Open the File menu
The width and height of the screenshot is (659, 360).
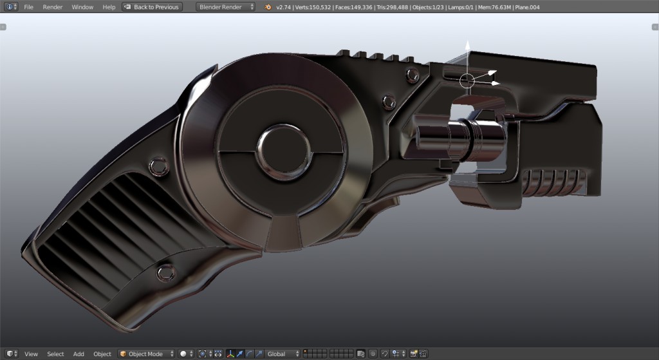click(29, 7)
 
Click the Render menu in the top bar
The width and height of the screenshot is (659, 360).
click(53, 7)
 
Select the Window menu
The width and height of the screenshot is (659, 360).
click(82, 7)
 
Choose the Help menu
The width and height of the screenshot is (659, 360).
click(109, 7)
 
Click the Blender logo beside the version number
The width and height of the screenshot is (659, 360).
click(268, 7)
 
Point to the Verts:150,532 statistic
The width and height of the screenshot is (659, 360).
click(313, 7)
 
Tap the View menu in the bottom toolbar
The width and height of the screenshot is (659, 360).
click(31, 354)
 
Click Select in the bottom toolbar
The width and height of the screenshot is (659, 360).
click(55, 354)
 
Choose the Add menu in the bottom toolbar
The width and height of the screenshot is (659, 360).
click(79, 354)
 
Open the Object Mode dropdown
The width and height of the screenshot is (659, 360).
click(147, 354)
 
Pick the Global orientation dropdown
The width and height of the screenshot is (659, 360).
click(283, 354)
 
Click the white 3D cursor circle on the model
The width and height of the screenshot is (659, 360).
click(467, 81)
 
